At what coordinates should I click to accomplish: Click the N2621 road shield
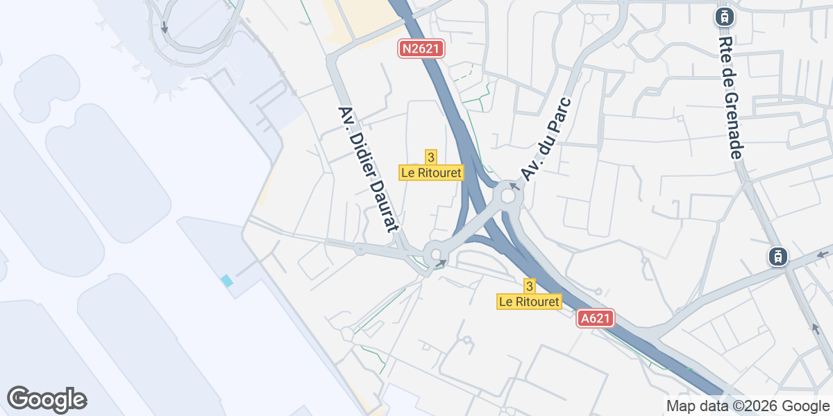pyautogui.click(x=421, y=49)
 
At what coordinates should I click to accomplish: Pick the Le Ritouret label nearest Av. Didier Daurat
pyautogui.click(x=431, y=173)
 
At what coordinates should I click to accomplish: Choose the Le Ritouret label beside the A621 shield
pyautogui.click(x=530, y=302)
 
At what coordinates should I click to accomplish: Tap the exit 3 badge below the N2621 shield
pyautogui.click(x=431, y=157)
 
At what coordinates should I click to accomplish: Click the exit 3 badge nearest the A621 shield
pyautogui.click(x=530, y=286)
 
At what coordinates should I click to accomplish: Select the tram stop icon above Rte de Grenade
pyautogui.click(x=725, y=16)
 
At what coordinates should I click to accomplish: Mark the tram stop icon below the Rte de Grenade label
pyautogui.click(x=776, y=257)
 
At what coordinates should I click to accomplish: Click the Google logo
pyautogui.click(x=47, y=399)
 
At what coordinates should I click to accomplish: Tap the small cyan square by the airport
pyautogui.click(x=226, y=281)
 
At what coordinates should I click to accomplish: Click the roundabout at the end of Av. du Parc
pyautogui.click(x=508, y=196)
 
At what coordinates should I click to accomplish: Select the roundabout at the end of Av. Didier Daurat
pyautogui.click(x=436, y=254)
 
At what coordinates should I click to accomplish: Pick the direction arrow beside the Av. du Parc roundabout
pyautogui.click(x=514, y=186)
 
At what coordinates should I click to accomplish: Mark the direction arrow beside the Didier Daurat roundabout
pyautogui.click(x=441, y=263)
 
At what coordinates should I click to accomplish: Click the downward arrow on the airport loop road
pyautogui.click(x=165, y=28)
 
